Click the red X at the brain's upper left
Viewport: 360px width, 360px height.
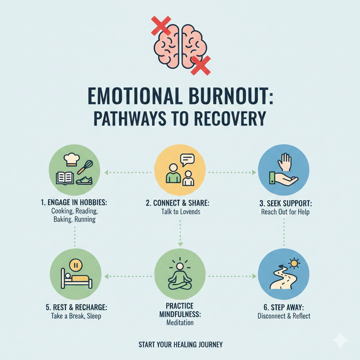161,26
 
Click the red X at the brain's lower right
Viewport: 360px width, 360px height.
201,65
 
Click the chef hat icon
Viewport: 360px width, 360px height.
72,160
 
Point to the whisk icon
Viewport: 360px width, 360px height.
85,167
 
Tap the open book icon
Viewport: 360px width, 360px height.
65,178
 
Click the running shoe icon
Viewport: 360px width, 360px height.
84,180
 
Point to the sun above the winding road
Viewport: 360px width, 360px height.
294,263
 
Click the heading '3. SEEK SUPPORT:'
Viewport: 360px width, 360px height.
285,204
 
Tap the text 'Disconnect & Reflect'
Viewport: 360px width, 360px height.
284,316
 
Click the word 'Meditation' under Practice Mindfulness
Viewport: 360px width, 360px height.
180,323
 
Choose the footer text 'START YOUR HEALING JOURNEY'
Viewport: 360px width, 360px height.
180,345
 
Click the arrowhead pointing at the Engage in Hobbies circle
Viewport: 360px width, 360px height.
106,172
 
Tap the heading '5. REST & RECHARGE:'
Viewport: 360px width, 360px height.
76,307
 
